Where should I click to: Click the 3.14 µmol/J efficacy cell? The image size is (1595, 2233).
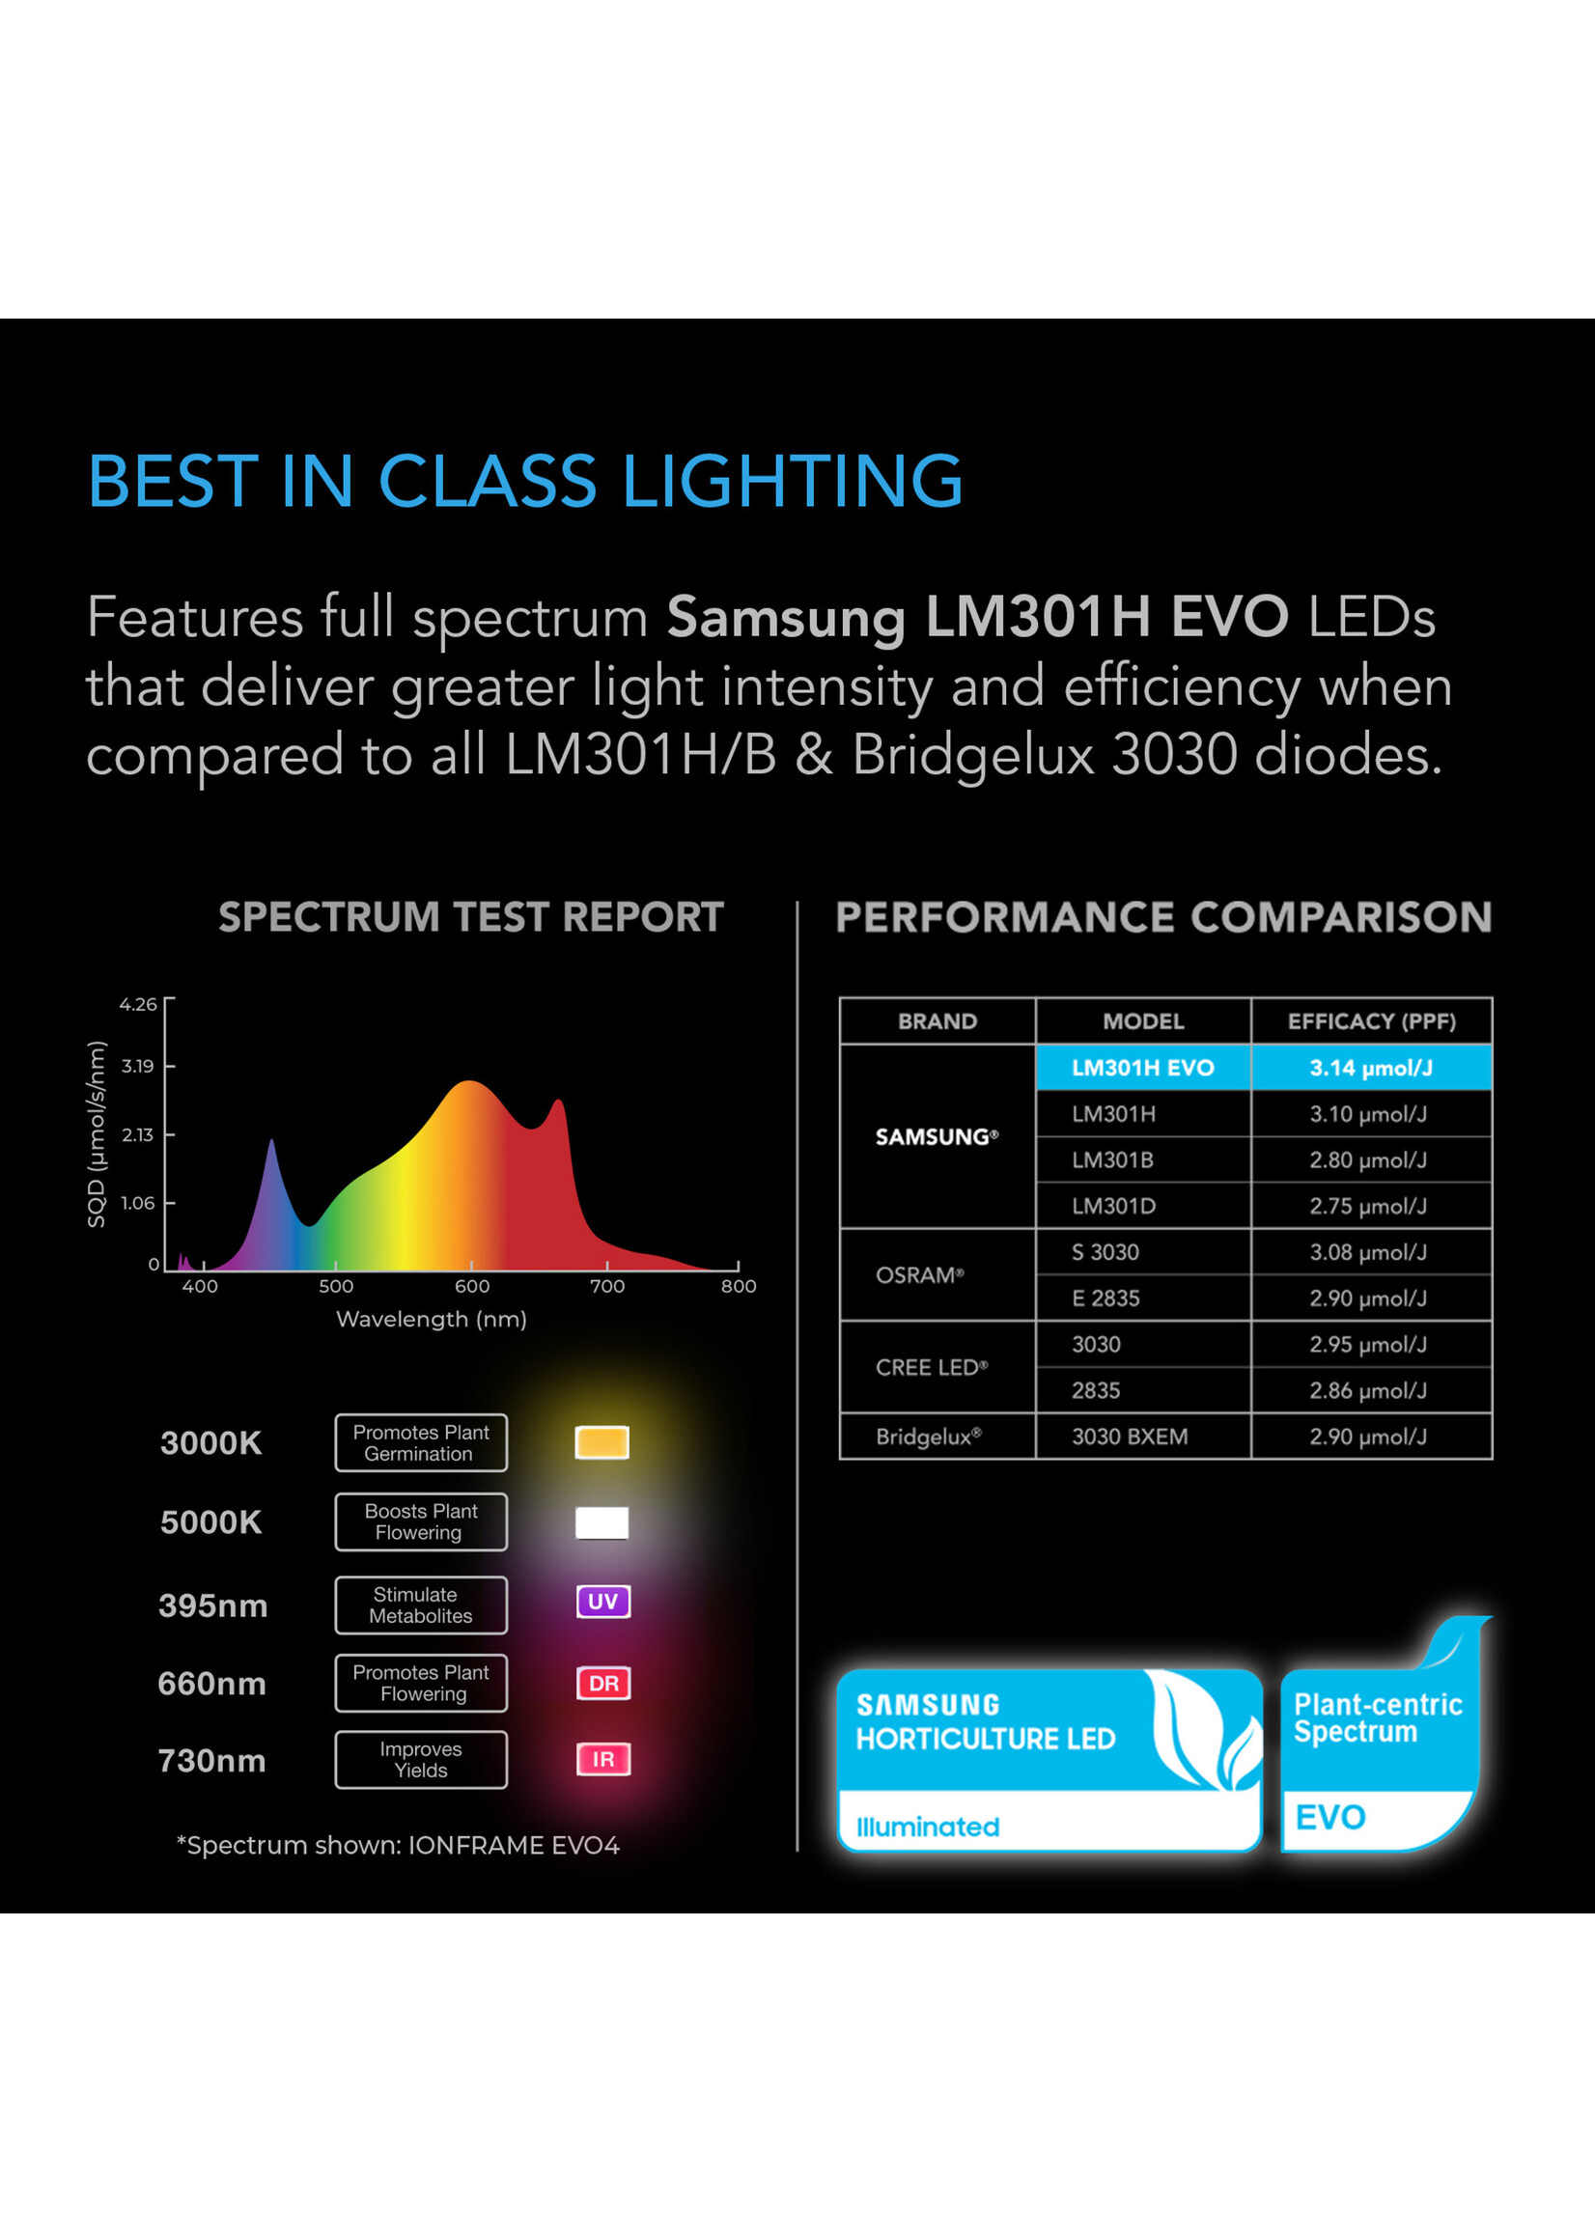[1371, 1068]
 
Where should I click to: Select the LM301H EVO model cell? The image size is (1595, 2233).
[1143, 1068]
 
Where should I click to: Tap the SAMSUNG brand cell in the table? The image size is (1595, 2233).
[937, 1136]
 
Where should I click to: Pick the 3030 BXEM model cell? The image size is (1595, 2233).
[1143, 1437]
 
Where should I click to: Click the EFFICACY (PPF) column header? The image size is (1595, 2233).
[1371, 1021]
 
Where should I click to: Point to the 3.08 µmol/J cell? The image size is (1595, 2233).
[1371, 1252]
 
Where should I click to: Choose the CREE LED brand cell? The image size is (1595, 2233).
[937, 1367]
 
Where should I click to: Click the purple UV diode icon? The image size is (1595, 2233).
[603, 1602]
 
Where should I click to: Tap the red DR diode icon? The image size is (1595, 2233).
[603, 1683]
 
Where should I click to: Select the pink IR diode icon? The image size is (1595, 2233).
[603, 1760]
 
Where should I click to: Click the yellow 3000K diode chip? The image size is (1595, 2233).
[602, 1442]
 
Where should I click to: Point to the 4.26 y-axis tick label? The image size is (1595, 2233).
[137, 1005]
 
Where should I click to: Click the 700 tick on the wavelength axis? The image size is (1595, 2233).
[607, 1286]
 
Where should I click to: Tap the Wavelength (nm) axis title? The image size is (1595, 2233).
[432, 1319]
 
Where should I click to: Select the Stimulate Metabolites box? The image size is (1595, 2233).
[421, 1605]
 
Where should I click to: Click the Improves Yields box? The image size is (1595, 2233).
[421, 1760]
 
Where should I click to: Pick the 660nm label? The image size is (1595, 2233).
[212, 1683]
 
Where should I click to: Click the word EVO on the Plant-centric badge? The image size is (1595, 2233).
[1329, 1818]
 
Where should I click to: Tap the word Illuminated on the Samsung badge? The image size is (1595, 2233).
[927, 1827]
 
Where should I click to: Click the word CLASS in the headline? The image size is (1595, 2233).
[488, 481]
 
